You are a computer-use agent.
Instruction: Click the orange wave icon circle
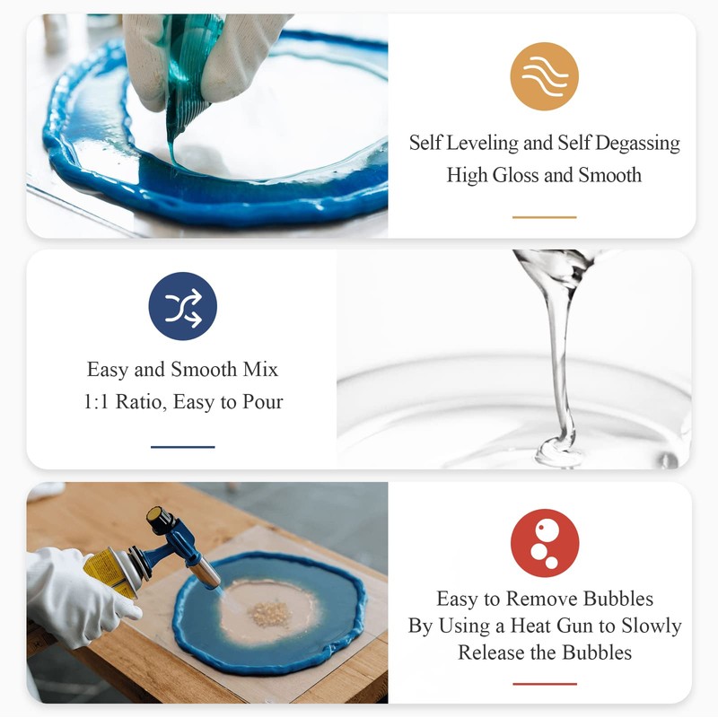(544, 76)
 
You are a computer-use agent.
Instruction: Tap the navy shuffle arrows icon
(183, 306)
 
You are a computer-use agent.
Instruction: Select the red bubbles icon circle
(545, 543)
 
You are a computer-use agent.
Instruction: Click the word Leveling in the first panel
(482, 144)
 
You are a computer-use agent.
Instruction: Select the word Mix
(260, 370)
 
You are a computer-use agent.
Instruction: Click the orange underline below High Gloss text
(544, 217)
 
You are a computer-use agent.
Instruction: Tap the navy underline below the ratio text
(183, 447)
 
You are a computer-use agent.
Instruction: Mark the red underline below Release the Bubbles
(545, 684)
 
